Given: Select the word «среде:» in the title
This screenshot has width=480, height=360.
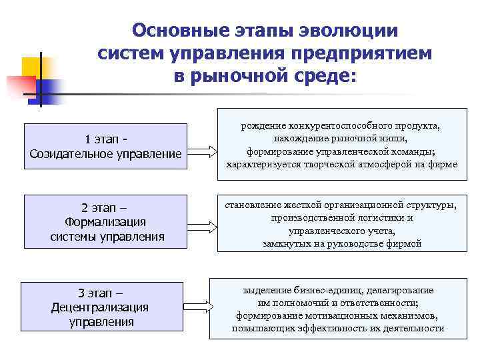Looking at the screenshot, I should [x=327, y=75].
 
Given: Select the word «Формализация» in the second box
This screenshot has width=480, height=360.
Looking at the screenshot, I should [x=107, y=222].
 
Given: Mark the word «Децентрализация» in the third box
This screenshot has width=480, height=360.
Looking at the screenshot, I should [x=100, y=307].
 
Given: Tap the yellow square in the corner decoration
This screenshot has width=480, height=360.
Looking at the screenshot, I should [x=33, y=68].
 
